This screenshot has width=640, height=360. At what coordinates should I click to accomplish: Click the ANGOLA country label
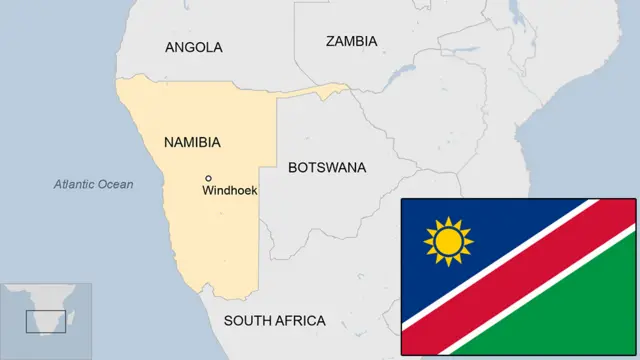coord(193,47)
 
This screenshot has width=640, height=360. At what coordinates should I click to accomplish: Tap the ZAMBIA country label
coord(351,41)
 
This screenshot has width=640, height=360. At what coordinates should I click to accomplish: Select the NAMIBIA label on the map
coord(192,143)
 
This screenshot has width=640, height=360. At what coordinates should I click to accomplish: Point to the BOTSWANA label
coord(327,167)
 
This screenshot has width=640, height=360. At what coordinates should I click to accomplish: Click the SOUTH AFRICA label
coord(274,321)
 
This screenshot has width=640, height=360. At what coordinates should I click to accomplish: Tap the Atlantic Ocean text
coord(93,184)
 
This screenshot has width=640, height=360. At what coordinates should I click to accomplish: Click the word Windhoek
coord(230,190)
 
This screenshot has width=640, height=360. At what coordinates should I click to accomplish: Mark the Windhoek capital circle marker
coord(208,178)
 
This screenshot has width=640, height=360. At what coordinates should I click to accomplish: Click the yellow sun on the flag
coord(448,242)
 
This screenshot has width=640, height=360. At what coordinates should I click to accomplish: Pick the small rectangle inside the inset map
coord(46,321)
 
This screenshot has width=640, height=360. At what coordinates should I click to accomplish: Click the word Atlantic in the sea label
coord(74,184)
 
